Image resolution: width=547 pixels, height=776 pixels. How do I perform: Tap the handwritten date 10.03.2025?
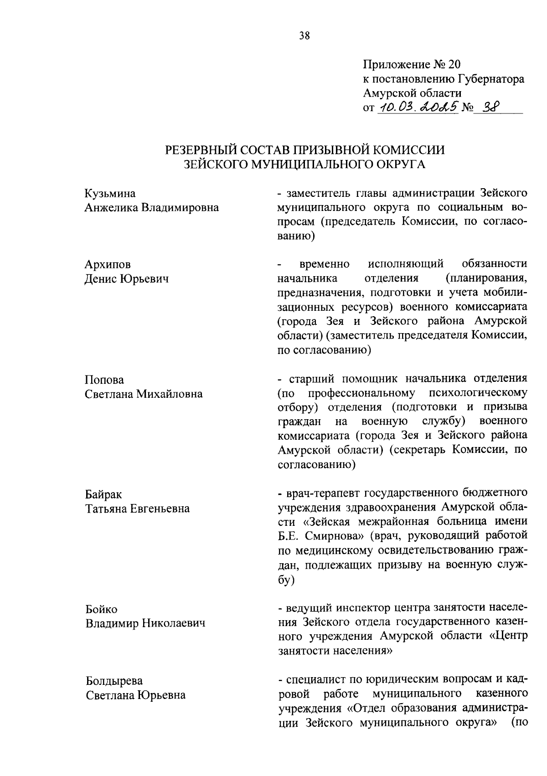[417, 108]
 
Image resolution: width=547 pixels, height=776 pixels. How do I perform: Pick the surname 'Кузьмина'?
[110, 193]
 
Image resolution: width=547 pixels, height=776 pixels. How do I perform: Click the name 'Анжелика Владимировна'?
[152, 208]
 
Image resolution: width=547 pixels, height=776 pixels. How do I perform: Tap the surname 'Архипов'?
[108, 264]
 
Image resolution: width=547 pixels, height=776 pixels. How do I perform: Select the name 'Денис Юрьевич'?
[127, 279]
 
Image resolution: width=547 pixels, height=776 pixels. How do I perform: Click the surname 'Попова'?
[104, 380]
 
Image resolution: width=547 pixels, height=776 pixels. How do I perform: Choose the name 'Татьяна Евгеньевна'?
[138, 509]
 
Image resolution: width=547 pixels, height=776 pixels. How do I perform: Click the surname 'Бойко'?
[102, 609]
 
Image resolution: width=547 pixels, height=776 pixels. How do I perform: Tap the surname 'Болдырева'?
[114, 681]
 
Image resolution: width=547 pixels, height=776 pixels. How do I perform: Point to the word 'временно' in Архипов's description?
[325, 264]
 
